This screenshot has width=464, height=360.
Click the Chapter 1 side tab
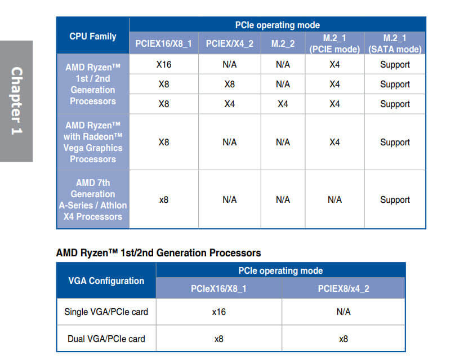pos(17,101)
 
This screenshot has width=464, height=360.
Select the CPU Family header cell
pos(93,37)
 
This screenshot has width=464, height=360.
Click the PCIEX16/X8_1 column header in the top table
pos(164,44)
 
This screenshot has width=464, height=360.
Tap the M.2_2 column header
pos(283,44)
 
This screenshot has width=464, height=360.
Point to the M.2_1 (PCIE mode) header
pos(334,43)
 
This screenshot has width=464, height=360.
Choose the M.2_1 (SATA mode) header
pos(395,43)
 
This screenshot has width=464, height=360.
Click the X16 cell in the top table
pos(164,64)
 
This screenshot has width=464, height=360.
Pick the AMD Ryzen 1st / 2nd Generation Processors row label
pos(93,84)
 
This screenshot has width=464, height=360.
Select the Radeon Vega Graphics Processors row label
pos(93,142)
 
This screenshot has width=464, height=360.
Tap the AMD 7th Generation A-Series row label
pos(93,199)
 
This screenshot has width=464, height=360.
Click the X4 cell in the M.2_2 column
pos(283,104)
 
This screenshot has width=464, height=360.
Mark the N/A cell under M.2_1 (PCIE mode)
pos(334,199)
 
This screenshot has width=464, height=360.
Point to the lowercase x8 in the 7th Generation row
pos(164,199)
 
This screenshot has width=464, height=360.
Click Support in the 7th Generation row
pos(395,199)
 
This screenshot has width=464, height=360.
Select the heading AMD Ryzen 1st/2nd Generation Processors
pos(158,253)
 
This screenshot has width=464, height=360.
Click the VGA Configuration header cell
pos(106,281)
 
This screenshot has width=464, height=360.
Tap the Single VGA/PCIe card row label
pos(106,312)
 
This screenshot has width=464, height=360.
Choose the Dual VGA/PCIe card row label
pos(106,339)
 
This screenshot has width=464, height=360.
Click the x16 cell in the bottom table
pos(218,312)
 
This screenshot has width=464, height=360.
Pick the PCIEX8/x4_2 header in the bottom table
pos(343,289)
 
